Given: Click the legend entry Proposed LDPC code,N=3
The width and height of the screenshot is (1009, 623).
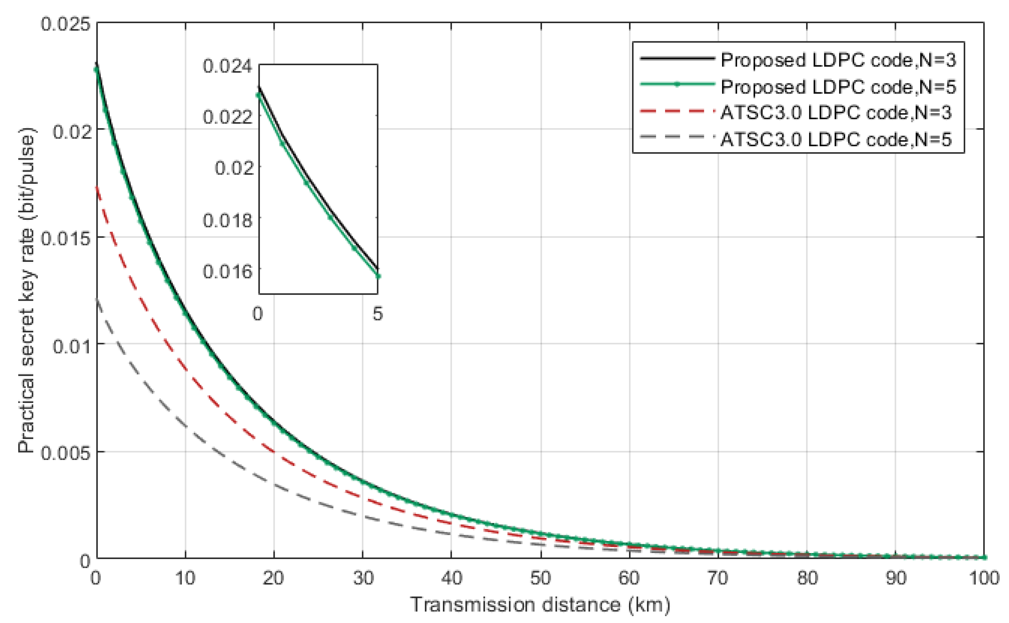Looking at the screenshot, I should (x=838, y=61).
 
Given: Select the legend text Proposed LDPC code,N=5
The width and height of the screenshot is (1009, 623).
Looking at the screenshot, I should (x=838, y=87).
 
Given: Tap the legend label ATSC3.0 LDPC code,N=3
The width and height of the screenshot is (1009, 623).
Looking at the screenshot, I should (x=836, y=113).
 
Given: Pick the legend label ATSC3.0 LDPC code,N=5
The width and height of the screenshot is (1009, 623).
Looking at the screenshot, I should (x=836, y=140).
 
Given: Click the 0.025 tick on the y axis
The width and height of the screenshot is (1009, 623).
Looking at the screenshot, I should (x=65, y=24).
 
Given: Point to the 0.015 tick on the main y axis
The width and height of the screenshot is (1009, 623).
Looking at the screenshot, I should (x=65, y=238).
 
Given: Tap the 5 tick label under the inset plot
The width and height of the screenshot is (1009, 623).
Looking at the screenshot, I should (x=377, y=314).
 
